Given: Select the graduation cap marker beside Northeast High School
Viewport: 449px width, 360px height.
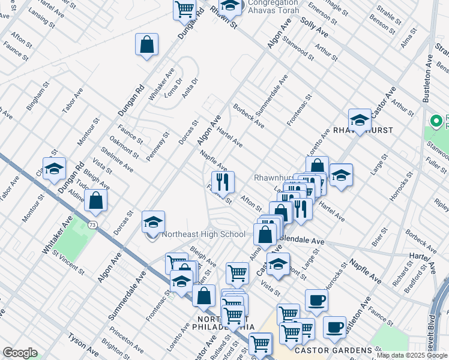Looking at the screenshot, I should [154, 222].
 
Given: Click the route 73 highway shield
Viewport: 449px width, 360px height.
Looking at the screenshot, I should [92, 224].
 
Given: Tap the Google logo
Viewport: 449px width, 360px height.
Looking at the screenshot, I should [20, 353].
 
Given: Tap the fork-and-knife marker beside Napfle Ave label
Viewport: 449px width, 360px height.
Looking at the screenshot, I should [223, 182].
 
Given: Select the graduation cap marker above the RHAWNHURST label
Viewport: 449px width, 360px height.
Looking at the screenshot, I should [360, 119].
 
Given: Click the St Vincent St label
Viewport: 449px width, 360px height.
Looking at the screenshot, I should [66, 260].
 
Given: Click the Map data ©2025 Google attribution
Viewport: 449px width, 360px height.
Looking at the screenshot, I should [412, 355].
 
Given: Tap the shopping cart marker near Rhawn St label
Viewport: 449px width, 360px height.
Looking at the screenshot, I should [184, 9].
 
